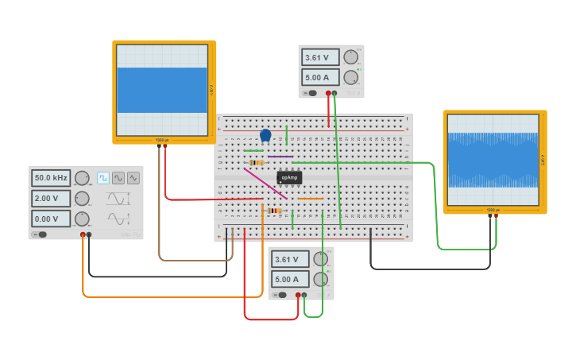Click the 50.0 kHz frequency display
point(51,178)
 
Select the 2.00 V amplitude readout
point(51,199)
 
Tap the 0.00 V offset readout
point(51,219)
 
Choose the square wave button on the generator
point(103,178)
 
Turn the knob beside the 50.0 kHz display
point(82,178)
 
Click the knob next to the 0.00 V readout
point(82,219)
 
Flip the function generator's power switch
point(41,234)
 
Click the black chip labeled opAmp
point(289,177)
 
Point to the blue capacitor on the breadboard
point(265,135)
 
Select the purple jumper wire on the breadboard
point(280,157)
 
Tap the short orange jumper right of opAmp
point(311,199)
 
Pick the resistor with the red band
point(275,211)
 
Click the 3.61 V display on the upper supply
point(320,57)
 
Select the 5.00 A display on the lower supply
point(290,279)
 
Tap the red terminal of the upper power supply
point(328,93)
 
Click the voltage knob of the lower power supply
point(321,259)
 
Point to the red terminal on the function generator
point(83,235)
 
